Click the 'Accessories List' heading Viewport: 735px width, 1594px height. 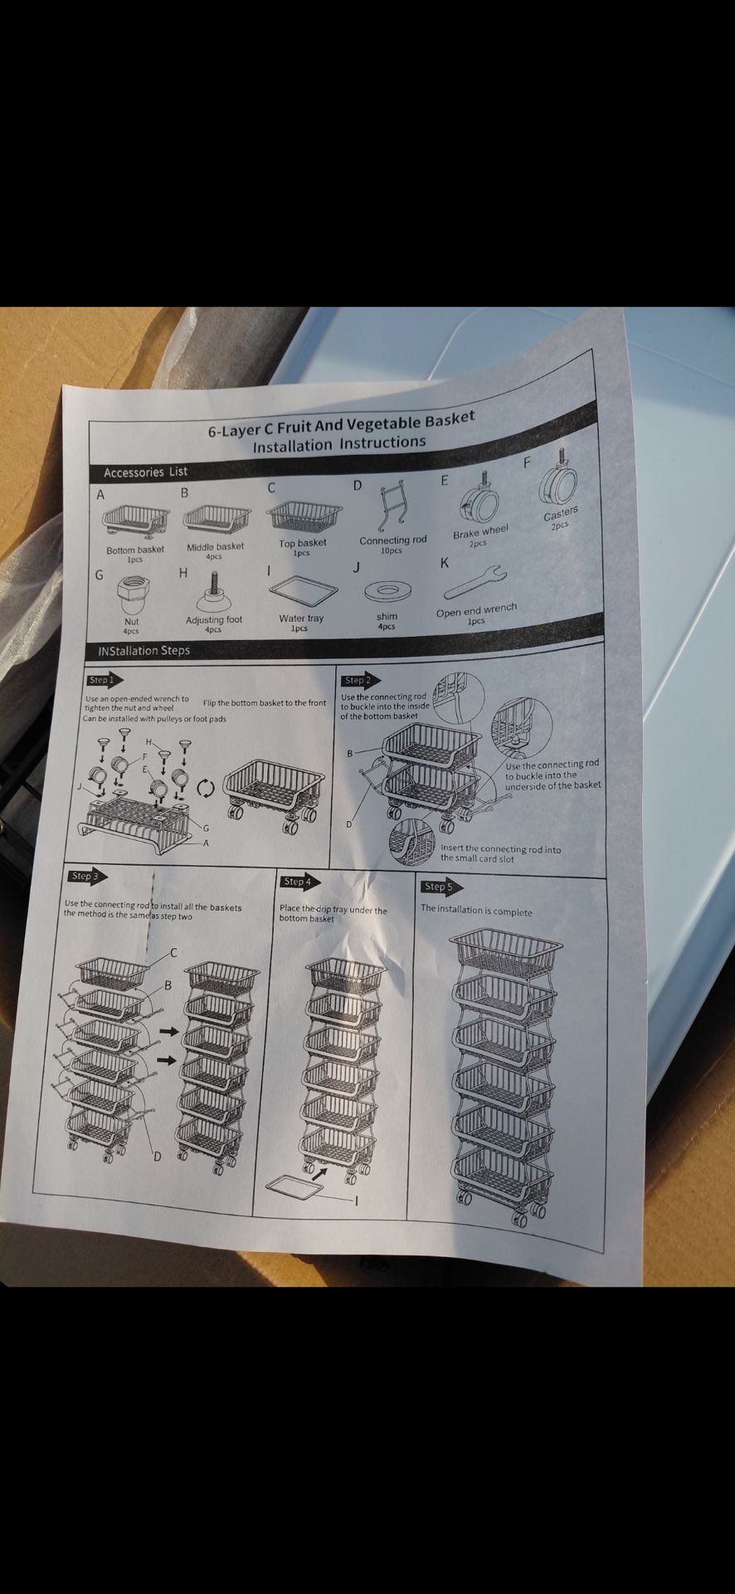click(145, 472)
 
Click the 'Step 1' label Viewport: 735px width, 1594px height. click(100, 680)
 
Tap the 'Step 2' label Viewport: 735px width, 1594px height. click(357, 680)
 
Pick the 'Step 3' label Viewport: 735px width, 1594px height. click(84, 876)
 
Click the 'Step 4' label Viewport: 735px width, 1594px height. click(296, 881)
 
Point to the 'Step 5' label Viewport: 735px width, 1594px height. click(438, 887)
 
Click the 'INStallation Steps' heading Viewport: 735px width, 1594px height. click(144, 651)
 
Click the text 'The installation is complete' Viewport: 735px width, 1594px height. click(476, 911)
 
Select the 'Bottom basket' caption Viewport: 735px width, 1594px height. click(135, 550)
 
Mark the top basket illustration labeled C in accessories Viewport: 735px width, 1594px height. click(304, 516)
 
